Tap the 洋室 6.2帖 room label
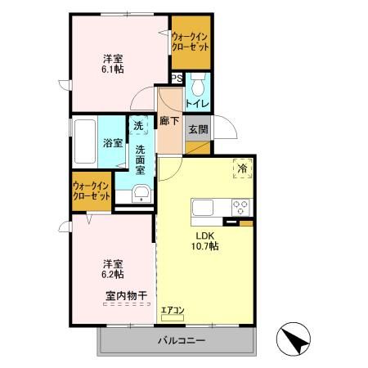pyautogui.click(x=112, y=270)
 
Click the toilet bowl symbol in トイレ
pyautogui.click(x=198, y=84)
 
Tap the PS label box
pyautogui.click(x=176, y=79)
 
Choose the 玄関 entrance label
pyautogui.click(x=197, y=129)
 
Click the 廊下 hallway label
pyautogui.click(x=169, y=121)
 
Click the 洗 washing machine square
pyautogui.click(x=138, y=126)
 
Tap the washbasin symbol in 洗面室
pyautogui.click(x=141, y=193)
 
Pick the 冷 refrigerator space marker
pyautogui.click(x=242, y=168)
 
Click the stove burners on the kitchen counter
pyautogui.click(x=240, y=206)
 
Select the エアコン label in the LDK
pyautogui.click(x=173, y=310)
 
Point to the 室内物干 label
pyautogui.click(x=125, y=295)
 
